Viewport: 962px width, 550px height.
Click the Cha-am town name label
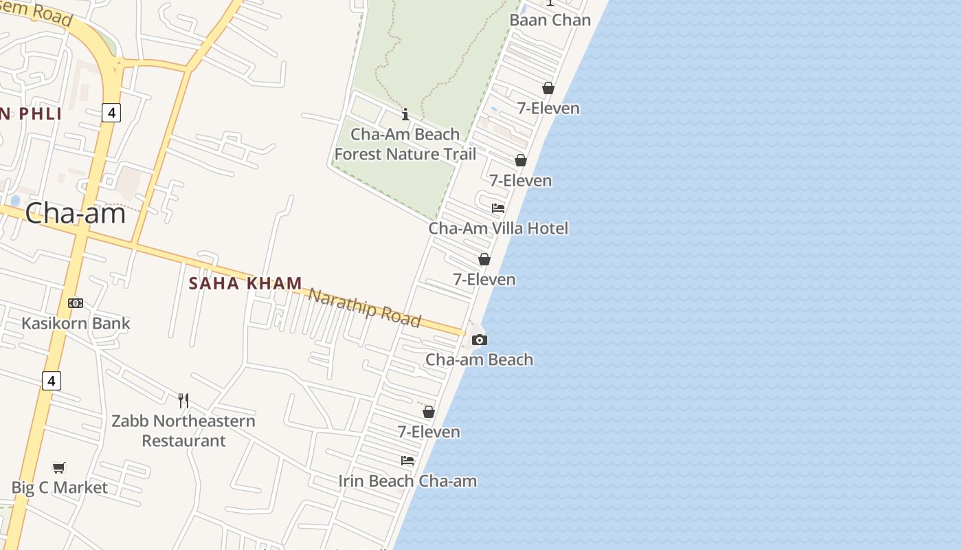pos(76,213)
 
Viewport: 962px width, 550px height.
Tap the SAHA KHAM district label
pos(245,283)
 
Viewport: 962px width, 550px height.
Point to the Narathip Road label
pos(363,307)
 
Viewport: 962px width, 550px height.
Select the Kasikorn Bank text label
pos(76,323)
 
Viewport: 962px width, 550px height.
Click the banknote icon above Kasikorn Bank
pos(76,303)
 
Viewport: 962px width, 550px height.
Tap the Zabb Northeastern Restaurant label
pos(183,430)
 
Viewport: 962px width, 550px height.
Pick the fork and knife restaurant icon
pos(183,401)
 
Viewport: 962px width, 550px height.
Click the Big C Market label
pos(60,487)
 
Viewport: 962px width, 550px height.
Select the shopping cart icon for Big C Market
pos(60,467)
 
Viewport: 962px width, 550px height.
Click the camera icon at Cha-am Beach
pos(480,340)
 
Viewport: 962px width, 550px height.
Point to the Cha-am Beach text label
pos(479,360)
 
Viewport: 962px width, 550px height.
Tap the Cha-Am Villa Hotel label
pos(498,228)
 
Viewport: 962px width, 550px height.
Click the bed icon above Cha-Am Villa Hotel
pos(498,208)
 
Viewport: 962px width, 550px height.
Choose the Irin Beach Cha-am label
pos(407,481)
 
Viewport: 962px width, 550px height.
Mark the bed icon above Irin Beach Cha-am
pos(407,461)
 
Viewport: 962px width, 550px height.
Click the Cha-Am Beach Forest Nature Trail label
pos(405,144)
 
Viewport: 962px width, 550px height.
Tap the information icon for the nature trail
pos(405,114)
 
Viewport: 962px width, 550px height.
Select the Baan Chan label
pos(550,20)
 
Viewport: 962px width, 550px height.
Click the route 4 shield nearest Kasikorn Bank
pos(52,380)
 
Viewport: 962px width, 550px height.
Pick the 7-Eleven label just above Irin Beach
pos(429,432)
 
